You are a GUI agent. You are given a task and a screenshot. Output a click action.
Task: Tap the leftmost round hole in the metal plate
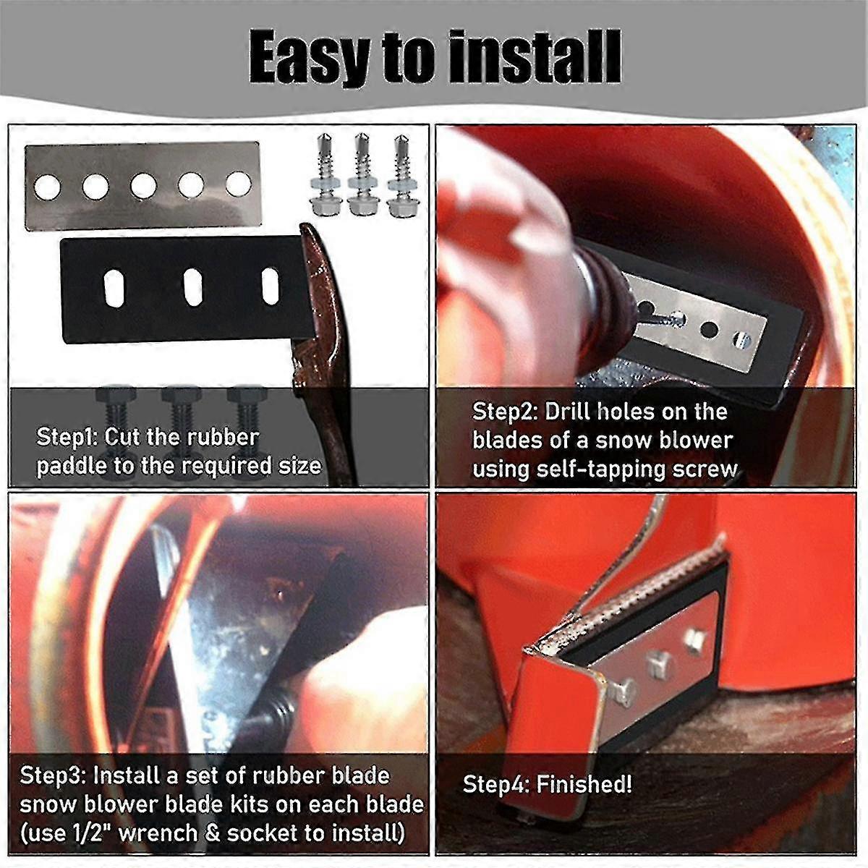pyautogui.click(x=47, y=187)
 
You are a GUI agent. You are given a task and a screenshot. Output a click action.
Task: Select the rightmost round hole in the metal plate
pyautogui.click(x=238, y=184)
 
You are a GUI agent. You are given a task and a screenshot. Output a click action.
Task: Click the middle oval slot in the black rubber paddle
pyautogui.click(x=193, y=286)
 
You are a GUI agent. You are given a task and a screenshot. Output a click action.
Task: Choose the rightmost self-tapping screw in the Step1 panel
pyautogui.click(x=399, y=176)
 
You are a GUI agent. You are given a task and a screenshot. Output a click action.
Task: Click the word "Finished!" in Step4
pyautogui.click(x=584, y=784)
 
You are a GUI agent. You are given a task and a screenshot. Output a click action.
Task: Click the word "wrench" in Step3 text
pyautogui.click(x=158, y=833)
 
